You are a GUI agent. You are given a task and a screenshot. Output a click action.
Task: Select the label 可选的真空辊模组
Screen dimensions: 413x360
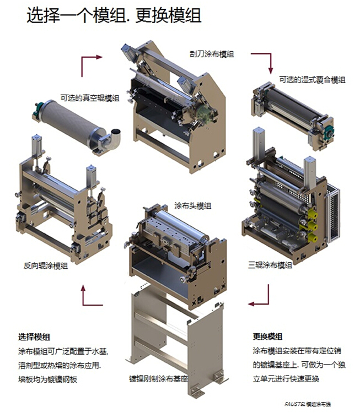coord(90,98)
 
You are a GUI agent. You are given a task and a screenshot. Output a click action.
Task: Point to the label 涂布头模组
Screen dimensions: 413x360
coord(192,206)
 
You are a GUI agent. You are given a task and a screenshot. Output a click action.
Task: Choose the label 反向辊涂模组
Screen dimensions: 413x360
coord(46,265)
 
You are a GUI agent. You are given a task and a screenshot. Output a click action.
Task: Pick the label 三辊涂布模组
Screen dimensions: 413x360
coord(270,265)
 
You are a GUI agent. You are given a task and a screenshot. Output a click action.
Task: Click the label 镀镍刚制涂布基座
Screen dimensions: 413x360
coord(159,379)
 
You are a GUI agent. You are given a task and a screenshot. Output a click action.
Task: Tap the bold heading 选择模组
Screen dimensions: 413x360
coord(34,336)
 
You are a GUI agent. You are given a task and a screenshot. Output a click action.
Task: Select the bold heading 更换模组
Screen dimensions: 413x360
coord(268,336)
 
